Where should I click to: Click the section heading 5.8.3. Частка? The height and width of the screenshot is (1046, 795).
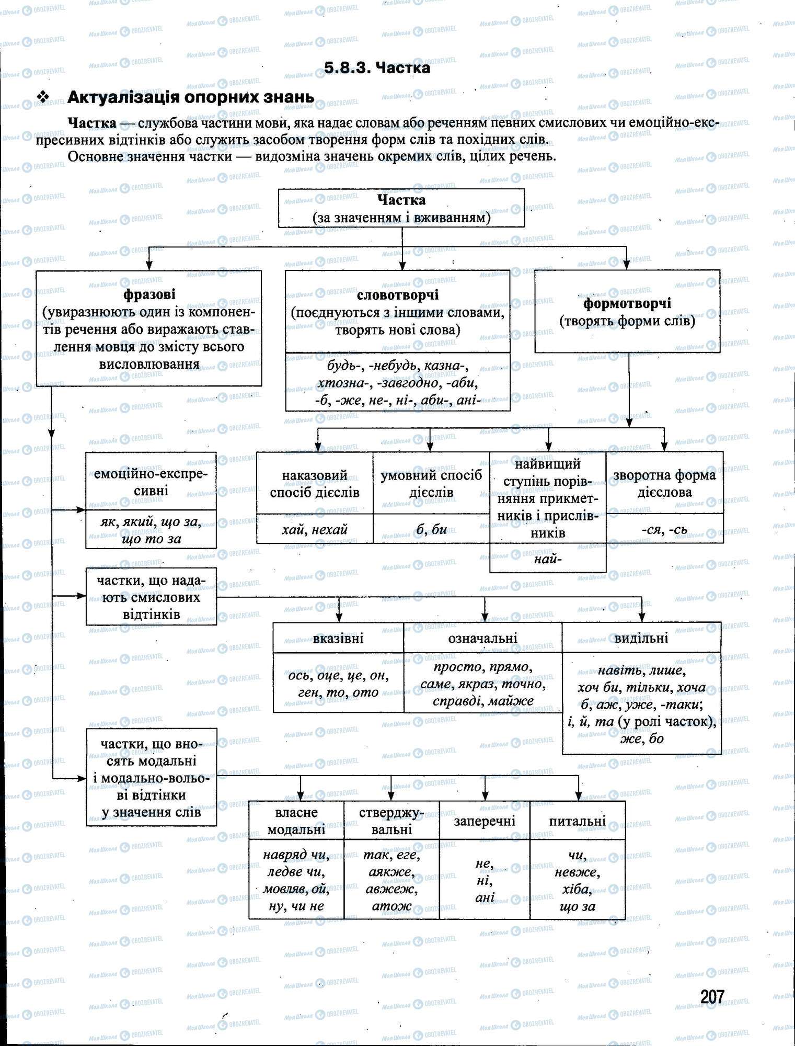tap(377, 68)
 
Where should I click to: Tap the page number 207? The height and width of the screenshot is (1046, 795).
tap(712, 996)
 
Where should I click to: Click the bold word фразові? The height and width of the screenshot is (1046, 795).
tap(149, 295)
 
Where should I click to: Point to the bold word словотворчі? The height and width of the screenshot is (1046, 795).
tap(397, 295)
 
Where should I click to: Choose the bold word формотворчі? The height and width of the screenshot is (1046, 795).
tap(627, 303)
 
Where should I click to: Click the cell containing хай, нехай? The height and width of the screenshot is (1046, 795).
tap(315, 529)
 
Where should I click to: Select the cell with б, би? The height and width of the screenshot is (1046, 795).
tap(431, 529)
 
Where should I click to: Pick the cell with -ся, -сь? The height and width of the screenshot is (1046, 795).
tap(664, 529)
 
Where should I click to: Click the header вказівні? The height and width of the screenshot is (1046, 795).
tap(338, 638)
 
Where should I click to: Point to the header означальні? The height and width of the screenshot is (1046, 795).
tap(482, 638)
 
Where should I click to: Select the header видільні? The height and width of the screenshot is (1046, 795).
tap(641, 638)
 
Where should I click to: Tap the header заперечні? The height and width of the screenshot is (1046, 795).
tap(485, 821)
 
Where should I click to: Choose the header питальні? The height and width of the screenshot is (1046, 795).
tap(577, 821)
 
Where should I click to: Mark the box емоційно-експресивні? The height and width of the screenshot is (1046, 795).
tap(151, 482)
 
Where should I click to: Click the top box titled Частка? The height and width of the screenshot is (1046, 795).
tap(401, 208)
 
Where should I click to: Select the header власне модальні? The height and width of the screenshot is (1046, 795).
tap(296, 821)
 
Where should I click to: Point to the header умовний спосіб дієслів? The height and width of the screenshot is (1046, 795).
tap(431, 483)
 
